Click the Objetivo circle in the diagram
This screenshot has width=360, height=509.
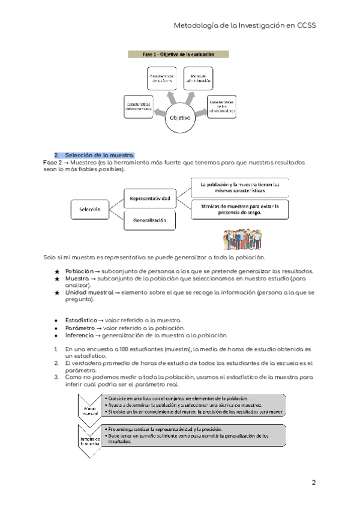click(180, 118)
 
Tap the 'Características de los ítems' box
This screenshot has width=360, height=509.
click(162, 80)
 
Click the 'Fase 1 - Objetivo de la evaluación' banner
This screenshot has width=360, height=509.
click(179, 55)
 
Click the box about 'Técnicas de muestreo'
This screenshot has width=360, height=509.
click(240, 209)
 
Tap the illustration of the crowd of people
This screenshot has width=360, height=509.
click(240, 238)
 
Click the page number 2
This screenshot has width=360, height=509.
click(313, 483)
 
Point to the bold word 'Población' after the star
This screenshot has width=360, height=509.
click(79, 271)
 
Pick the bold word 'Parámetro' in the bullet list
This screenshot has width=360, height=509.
click(81, 328)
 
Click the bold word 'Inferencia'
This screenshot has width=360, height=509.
click(80, 336)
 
